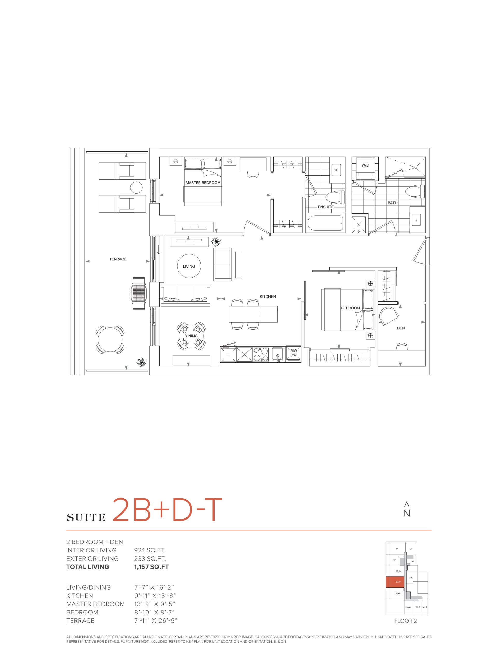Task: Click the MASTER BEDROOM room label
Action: [x=203, y=183]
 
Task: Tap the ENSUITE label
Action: [x=326, y=207]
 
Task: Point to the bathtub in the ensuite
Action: [x=325, y=223]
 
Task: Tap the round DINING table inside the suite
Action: [x=191, y=336]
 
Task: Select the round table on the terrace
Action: [x=110, y=340]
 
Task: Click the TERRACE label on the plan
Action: [x=118, y=259]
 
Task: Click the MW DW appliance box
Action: [x=293, y=353]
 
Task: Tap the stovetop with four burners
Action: [x=261, y=355]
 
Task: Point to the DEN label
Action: [x=401, y=328]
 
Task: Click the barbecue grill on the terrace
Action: [x=139, y=293]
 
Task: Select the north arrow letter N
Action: [x=406, y=513]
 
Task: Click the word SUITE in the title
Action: [x=86, y=517]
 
